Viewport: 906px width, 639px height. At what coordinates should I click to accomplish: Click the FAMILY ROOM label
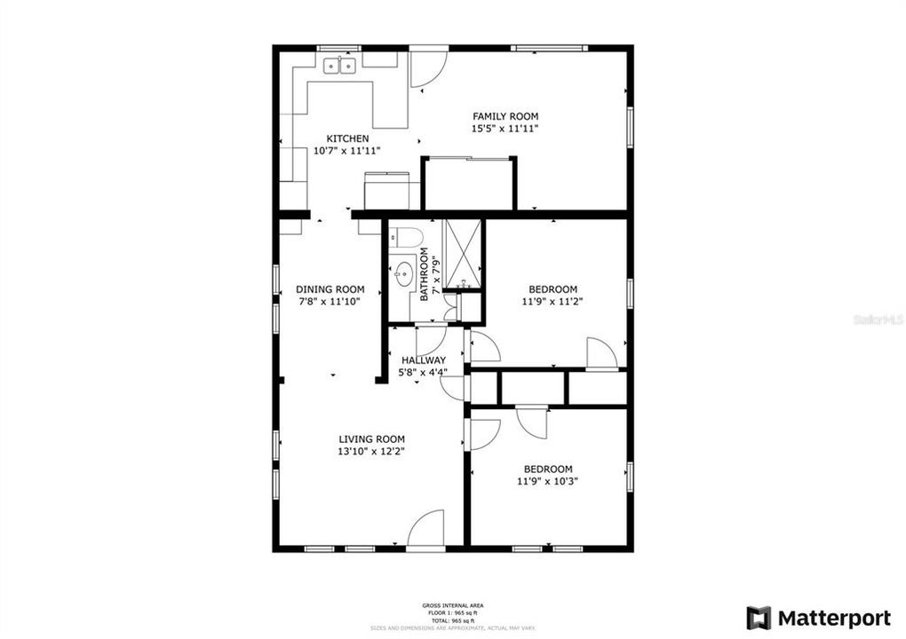505,116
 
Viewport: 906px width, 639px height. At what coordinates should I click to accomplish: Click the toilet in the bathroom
407,238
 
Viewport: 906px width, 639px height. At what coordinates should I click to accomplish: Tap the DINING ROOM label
330,289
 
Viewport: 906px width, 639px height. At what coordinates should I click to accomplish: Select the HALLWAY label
424,360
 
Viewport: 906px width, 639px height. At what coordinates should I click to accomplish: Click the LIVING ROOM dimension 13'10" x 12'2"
371,452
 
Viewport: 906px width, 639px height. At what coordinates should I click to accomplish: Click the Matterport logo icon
759,618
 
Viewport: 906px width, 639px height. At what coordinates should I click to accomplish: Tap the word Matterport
834,618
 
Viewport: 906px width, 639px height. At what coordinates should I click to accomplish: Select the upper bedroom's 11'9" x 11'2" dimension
552,302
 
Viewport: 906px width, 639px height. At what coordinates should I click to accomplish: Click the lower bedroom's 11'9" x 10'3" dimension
547,482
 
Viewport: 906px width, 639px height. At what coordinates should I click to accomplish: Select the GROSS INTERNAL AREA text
453,605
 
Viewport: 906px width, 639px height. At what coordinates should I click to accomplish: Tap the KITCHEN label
347,138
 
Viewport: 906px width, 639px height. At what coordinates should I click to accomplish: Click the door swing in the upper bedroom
601,354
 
